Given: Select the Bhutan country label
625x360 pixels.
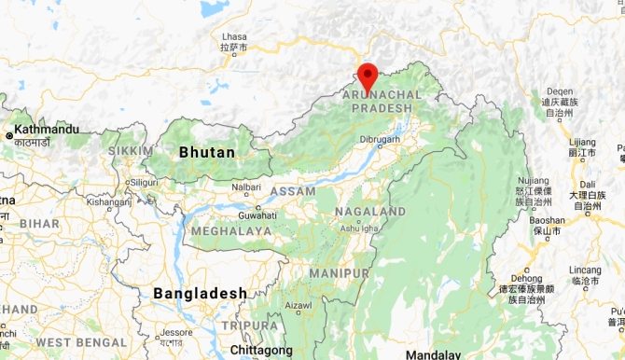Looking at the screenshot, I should click(207, 151).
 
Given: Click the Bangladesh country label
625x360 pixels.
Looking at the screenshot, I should click(200, 293).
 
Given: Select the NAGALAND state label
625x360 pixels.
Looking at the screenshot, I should click(370, 212).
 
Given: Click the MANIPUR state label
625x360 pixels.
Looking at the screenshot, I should click(340, 272).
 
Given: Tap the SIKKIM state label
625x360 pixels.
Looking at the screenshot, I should click(130, 150).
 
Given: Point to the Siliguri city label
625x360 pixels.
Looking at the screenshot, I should click(145, 182).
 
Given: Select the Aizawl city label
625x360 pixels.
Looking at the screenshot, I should click(299, 305).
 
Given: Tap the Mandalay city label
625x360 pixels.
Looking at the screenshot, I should click(434, 354).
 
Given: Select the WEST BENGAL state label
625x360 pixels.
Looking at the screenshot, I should click(81, 343).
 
